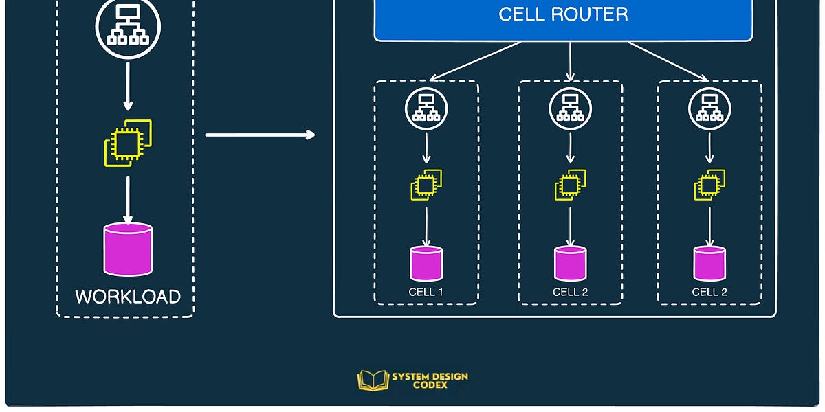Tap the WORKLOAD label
pos(128,297)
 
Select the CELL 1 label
pos(426,292)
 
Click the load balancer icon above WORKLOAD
pos(128,26)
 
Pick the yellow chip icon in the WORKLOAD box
pos(128,143)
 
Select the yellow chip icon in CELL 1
pos(426,185)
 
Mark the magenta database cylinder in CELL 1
pos(426,264)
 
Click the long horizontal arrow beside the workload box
pos(260,135)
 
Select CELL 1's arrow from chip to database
pos(426,225)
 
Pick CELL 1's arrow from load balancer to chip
pos(426,147)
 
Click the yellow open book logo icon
pos(373,380)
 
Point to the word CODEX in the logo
pos(430,385)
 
